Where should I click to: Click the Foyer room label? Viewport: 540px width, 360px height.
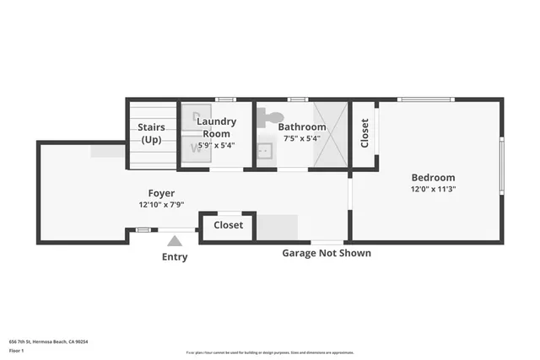161,193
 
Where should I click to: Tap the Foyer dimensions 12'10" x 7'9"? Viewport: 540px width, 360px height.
161,205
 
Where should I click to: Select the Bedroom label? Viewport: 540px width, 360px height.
433,177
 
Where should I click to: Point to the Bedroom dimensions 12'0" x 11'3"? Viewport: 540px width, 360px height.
433,190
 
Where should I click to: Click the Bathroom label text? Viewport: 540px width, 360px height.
302,127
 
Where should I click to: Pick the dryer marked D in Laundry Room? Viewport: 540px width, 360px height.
197,116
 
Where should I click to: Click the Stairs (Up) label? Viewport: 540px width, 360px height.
152,133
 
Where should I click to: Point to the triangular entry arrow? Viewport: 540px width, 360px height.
175,241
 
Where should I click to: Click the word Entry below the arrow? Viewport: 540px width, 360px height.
175,257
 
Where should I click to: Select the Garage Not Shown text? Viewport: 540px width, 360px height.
326,253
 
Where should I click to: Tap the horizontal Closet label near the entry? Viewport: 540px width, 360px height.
228,225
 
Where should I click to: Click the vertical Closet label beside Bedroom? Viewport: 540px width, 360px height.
364,133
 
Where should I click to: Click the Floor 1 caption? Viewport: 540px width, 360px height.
16,350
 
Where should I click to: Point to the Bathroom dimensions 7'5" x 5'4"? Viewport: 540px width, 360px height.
302,138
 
